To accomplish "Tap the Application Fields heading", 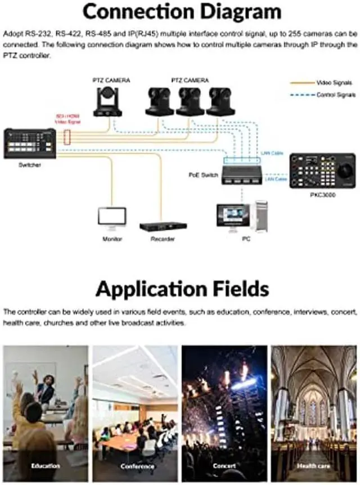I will point(182,289).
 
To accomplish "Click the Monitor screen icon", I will point(112,217).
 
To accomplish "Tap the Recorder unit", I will point(163,226).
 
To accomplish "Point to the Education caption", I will point(45,466).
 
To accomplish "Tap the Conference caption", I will point(137,466).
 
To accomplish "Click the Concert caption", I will point(224,466).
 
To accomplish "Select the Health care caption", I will point(314,466).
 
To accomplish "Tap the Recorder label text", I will point(163,239).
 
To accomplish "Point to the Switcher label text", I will point(30,165).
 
